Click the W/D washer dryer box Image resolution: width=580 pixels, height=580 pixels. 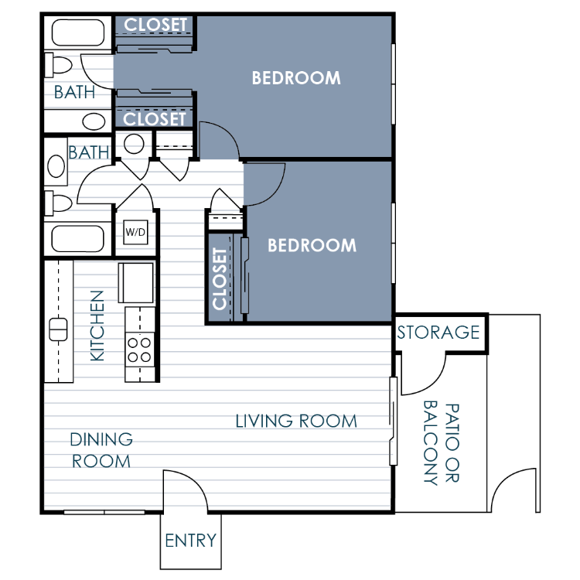coord(135,232)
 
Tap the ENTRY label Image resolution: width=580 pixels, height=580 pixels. coord(190,541)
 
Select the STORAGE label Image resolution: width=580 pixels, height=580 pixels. coord(438,333)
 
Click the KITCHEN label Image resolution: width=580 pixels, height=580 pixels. coord(97,326)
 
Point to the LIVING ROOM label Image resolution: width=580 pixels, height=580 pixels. coord(296,421)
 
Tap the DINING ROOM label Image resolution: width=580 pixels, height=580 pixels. coord(101,450)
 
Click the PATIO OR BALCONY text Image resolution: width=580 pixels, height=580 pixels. coord(442,443)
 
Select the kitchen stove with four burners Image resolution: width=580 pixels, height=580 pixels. coord(139,350)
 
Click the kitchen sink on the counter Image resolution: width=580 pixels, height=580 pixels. coord(58,329)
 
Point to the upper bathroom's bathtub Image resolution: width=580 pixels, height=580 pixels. coord(78,32)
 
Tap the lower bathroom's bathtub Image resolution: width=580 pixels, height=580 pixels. coord(77,239)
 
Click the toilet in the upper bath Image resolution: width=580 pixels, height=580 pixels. coord(59,65)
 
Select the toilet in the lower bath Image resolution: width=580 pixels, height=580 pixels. coord(59,203)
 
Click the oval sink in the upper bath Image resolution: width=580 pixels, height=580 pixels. coord(94,121)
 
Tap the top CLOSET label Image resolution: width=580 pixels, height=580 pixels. coord(155,26)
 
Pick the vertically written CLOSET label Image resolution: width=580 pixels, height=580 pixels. coord(220,278)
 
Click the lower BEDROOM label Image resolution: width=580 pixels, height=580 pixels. coord(312,245)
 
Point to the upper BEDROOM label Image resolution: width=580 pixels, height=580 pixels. coord(296,78)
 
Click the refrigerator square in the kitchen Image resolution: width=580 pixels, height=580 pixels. coord(136,282)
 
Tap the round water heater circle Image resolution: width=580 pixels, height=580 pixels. coord(134,144)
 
